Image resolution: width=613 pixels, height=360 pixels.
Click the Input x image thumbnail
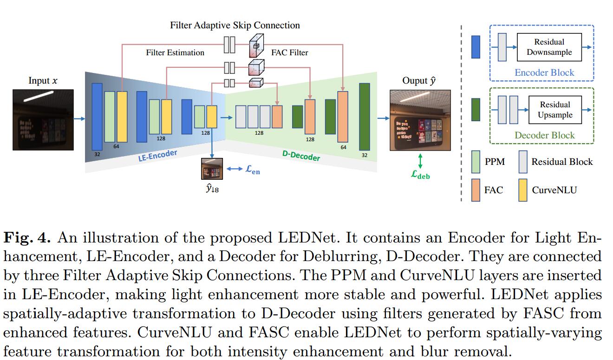point(43,119)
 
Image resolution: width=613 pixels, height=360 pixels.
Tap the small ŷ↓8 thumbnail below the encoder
point(212,169)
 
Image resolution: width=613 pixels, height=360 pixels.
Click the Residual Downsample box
point(549,47)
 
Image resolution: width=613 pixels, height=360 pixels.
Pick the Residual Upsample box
point(555,110)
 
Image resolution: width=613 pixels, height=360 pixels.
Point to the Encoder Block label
point(544,72)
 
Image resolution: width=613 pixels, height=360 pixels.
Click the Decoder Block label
point(544,135)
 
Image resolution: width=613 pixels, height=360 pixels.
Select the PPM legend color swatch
point(476,162)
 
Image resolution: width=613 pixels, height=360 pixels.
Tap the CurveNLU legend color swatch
point(523,190)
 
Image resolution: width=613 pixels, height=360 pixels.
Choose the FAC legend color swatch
point(476,190)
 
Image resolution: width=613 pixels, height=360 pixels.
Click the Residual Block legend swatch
point(523,162)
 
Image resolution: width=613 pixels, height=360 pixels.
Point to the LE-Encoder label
point(158,156)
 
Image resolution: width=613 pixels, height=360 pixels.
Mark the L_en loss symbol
point(252,170)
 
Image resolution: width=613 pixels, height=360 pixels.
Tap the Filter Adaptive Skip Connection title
point(235,25)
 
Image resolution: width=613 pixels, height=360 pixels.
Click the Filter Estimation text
point(175,52)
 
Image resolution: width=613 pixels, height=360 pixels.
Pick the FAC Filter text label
point(289,52)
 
